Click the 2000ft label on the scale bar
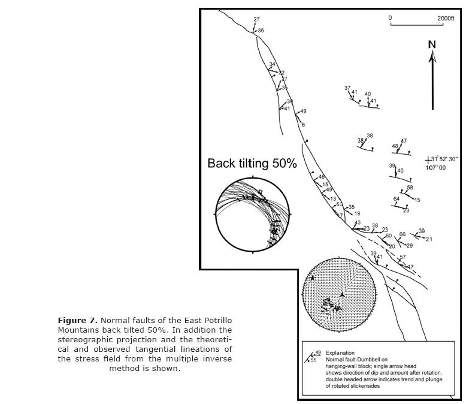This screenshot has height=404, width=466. [x=446, y=19]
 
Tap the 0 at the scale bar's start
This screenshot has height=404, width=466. [x=390, y=18]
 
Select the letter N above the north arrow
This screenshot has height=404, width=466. [x=432, y=44]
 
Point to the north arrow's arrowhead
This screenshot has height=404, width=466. [x=432, y=56]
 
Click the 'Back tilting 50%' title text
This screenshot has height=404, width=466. [x=252, y=164]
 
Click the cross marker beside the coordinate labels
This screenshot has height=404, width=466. [x=428, y=160]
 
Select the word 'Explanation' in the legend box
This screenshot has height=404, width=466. [x=340, y=353]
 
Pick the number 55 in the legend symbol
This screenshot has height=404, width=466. [x=313, y=360]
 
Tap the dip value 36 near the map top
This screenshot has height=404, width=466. [x=261, y=31]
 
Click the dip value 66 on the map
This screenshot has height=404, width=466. [x=403, y=234]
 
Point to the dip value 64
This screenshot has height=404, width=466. [x=397, y=199]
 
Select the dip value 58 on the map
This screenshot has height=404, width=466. [x=410, y=188]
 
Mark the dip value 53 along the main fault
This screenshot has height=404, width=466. [x=339, y=204]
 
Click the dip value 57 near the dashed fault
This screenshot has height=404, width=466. [x=403, y=257]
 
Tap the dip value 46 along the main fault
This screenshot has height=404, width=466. [x=322, y=177]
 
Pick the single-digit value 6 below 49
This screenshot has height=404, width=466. [x=303, y=125]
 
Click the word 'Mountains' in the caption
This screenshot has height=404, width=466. [x=77, y=330]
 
